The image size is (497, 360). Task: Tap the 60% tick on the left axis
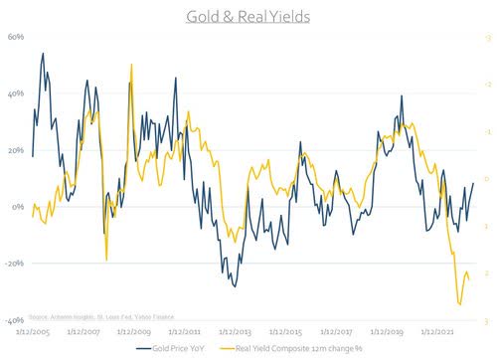(x=16, y=37)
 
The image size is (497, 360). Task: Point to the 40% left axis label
(x=16, y=93)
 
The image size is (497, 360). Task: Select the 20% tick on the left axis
(x=16, y=150)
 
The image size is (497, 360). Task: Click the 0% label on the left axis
(x=18, y=207)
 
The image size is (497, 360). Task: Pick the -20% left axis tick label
(x=15, y=264)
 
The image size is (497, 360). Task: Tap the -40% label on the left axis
(x=15, y=321)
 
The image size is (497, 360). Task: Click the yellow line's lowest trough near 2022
(x=459, y=304)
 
